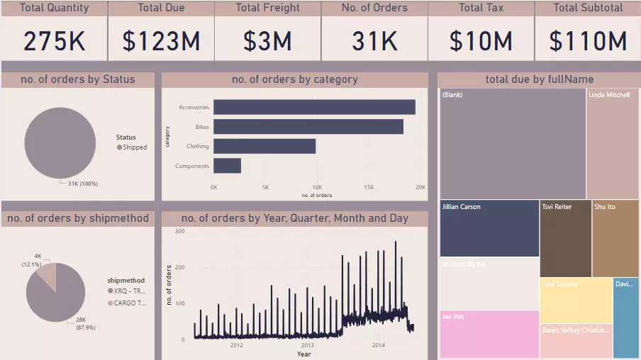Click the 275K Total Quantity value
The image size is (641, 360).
click(x=54, y=41)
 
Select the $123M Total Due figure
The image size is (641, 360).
click(x=161, y=41)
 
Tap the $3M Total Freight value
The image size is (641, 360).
click(x=267, y=41)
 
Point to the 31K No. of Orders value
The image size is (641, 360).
click(x=374, y=41)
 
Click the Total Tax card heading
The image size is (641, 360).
click(x=481, y=8)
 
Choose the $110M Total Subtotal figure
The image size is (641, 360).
click(x=588, y=41)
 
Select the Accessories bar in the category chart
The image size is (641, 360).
click(x=314, y=107)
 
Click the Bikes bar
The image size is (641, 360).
click(x=308, y=127)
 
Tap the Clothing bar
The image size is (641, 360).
click(x=264, y=146)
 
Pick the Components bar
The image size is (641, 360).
click(x=227, y=166)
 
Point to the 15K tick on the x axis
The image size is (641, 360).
click(x=369, y=188)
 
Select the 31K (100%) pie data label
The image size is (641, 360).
click(x=83, y=184)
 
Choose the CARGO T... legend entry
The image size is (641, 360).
click(x=130, y=303)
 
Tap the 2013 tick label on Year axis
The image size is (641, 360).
click(x=308, y=345)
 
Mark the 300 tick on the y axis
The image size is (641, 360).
click(x=179, y=232)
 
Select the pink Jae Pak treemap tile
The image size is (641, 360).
click(x=489, y=334)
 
